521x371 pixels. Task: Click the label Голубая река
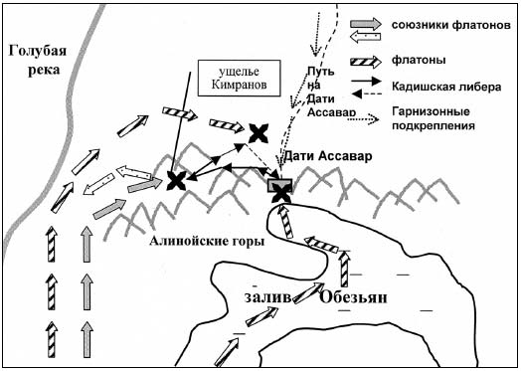pyautogui.click(x=33, y=59)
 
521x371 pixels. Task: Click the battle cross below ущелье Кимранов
pyautogui.click(x=177, y=180)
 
